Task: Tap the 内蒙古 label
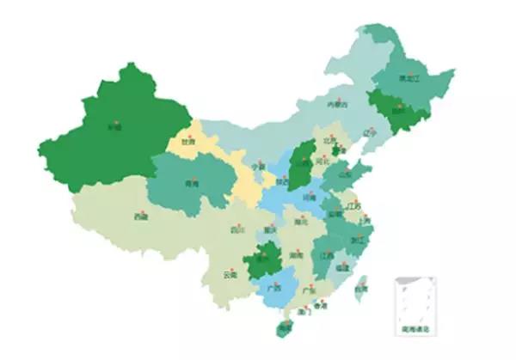[x=338, y=105]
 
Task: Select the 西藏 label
[x=139, y=217]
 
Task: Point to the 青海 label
[x=192, y=184]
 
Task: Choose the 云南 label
[x=230, y=275]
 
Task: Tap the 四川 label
[x=238, y=229]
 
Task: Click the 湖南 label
[x=296, y=255]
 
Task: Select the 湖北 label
[x=301, y=222]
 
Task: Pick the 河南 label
[x=308, y=197]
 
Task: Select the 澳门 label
[x=304, y=313]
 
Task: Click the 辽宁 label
[x=370, y=134]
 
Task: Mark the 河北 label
[x=324, y=159]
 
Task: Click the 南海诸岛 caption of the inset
[x=415, y=328]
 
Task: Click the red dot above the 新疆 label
[x=114, y=120]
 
